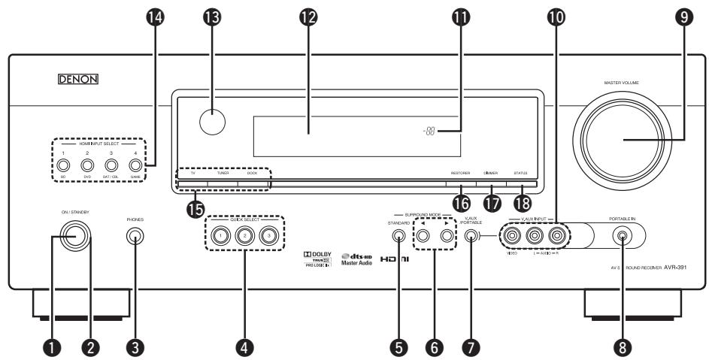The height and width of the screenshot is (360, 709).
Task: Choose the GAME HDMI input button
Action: [135, 165]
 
